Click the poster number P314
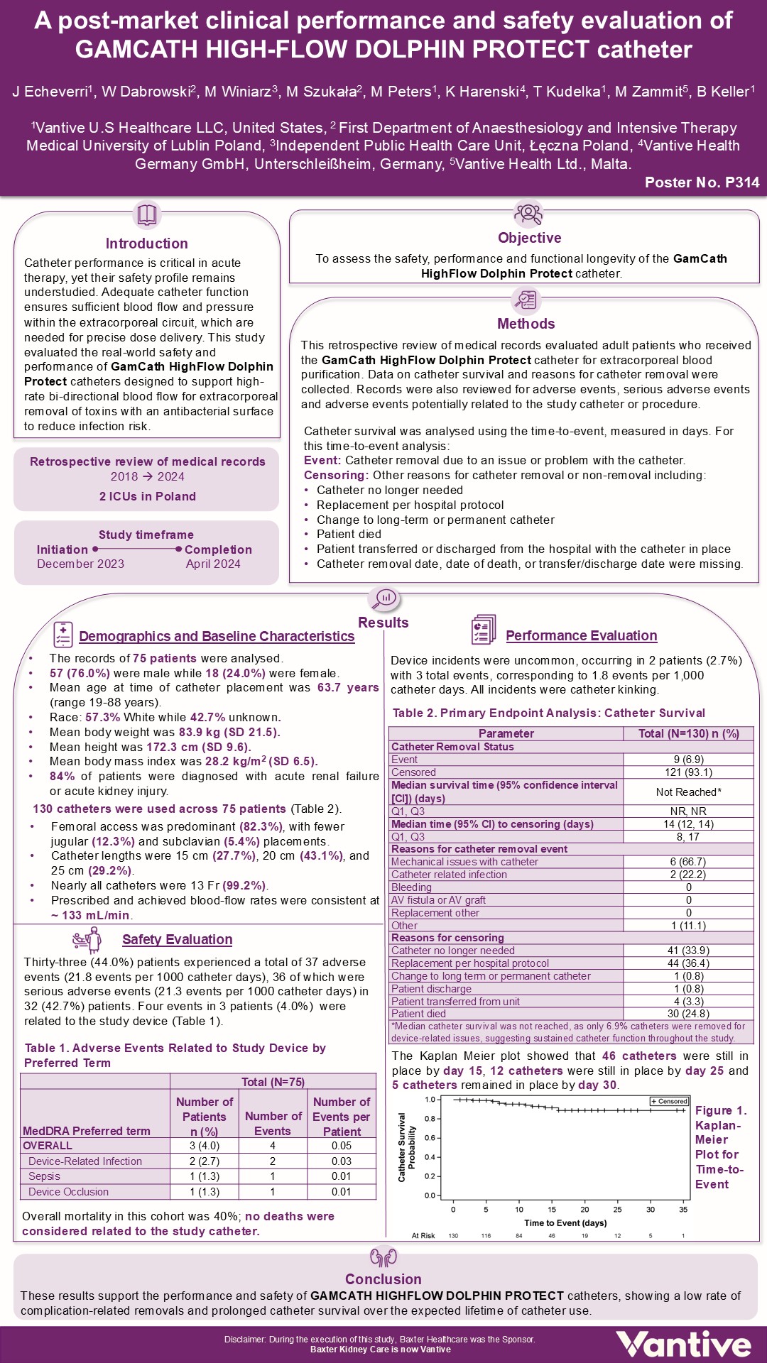click(702, 182)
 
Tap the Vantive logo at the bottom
click(683, 1344)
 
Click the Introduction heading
click(146, 243)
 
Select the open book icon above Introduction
click(146, 214)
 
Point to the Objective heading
click(529, 238)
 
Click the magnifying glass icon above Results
click(384, 598)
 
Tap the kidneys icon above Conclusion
click(383, 1257)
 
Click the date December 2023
click(80, 564)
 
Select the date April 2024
click(213, 564)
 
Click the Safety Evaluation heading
click(177, 939)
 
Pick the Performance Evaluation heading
click(581, 635)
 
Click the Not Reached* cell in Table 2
click(688, 792)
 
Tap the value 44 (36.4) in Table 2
click(688, 963)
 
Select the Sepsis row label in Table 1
click(44, 1176)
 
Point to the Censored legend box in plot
click(669, 1101)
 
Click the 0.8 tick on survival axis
click(430, 1119)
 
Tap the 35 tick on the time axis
click(683, 1210)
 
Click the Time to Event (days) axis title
click(565, 1222)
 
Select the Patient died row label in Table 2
click(419, 1014)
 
